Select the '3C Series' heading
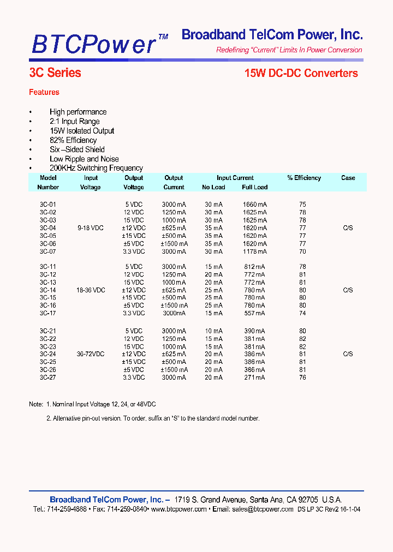click(x=55, y=73)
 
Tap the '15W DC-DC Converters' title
click(x=301, y=73)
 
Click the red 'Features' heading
click(x=44, y=92)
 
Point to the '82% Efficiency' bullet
click(x=73, y=140)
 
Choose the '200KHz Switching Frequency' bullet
click(x=96, y=168)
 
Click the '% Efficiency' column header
click(x=304, y=178)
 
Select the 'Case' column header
click(x=348, y=178)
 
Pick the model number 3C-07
click(x=48, y=251)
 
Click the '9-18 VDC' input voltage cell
click(x=91, y=228)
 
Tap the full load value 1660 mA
click(x=254, y=205)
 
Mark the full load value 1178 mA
click(x=254, y=251)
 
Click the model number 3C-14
click(x=48, y=290)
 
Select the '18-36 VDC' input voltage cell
click(x=91, y=290)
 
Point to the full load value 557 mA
click(x=254, y=313)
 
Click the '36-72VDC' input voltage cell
click(x=91, y=354)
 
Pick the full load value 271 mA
click(x=254, y=377)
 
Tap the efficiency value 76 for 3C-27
click(x=302, y=377)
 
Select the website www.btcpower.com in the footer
click(x=178, y=509)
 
